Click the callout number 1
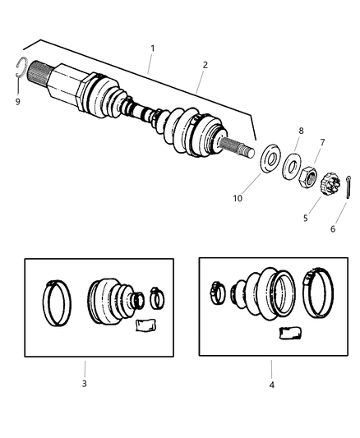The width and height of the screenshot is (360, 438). click(151, 49)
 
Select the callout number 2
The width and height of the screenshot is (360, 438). click(205, 64)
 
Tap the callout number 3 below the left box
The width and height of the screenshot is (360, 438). click(84, 383)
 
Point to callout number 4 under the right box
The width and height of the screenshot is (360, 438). click(272, 384)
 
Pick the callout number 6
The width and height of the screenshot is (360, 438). click(333, 229)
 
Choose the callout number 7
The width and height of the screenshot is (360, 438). click(322, 142)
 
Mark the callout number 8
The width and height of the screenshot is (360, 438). click(301, 131)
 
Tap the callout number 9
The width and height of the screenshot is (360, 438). click(18, 104)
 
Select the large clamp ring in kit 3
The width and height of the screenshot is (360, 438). click(58, 302)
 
